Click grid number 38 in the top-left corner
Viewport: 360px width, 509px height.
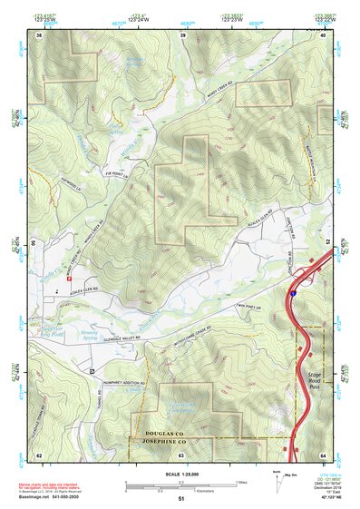(39, 35)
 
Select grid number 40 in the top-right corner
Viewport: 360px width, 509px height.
(323, 35)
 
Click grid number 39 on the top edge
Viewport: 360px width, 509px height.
(181, 35)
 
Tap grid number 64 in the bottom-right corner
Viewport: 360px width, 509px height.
(323, 453)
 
